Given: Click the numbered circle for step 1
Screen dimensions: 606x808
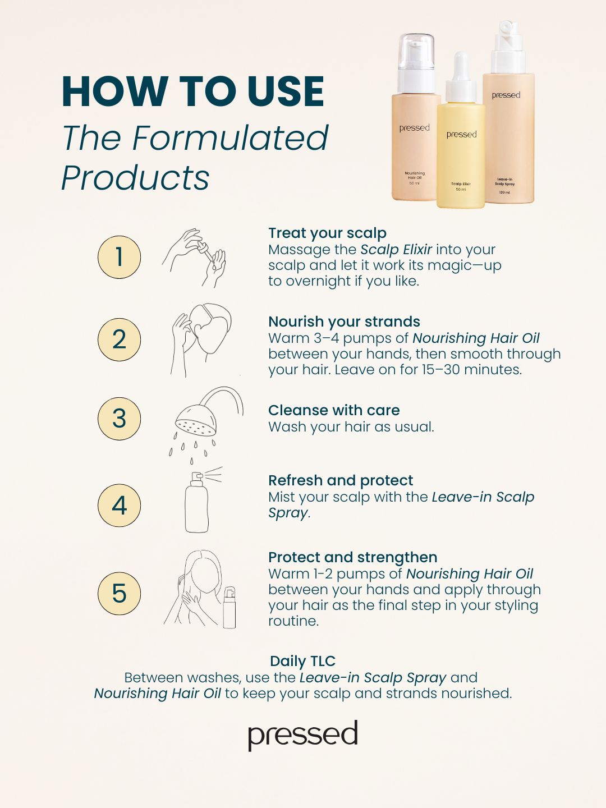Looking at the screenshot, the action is [x=119, y=257].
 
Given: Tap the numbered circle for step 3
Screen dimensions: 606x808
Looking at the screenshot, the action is [x=119, y=419].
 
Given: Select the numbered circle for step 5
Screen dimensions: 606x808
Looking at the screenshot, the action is [x=119, y=594].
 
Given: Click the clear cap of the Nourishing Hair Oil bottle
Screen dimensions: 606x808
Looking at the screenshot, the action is [x=416, y=52].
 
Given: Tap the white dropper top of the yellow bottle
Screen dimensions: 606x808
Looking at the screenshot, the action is [x=461, y=77].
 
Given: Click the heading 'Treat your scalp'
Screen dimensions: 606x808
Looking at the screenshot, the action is [x=328, y=233].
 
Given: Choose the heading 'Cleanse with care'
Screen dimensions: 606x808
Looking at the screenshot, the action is [x=334, y=410].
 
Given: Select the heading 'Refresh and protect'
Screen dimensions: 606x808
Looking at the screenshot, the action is [x=341, y=480].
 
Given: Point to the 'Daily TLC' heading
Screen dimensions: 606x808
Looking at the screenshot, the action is [x=302, y=661].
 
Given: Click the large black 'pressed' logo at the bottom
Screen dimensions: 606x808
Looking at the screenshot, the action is [x=303, y=735].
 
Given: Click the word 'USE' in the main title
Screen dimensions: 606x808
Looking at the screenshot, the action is [x=286, y=91].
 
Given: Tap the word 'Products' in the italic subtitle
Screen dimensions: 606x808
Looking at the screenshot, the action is [x=135, y=177].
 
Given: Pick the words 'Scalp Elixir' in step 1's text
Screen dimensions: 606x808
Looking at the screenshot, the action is [x=396, y=250].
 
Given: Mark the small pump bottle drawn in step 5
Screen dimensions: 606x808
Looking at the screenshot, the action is [x=229, y=607].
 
